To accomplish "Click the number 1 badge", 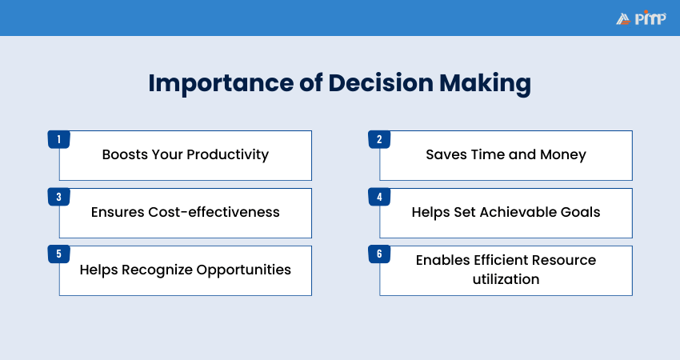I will tap(58, 139).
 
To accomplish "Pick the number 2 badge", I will tap(378, 139).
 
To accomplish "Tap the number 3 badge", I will tap(58, 197).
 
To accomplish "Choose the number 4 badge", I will tap(378, 197).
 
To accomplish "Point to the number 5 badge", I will tap(58, 254).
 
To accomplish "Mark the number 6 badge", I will tap(378, 254).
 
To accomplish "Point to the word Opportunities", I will tap(242, 270).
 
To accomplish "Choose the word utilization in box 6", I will tap(506, 279).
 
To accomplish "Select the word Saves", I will tap(445, 154).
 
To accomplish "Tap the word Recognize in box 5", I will tap(154, 270).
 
